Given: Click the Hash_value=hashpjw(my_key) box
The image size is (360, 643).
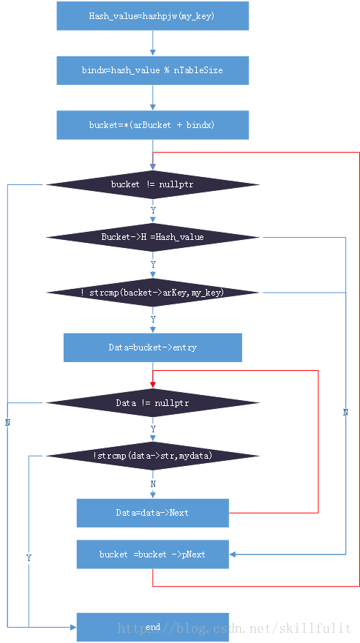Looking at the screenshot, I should pos(152,15).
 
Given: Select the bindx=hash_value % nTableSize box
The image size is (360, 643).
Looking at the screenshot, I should pos(152,70).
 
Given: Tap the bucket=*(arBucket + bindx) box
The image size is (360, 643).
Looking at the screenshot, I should pos(152,124).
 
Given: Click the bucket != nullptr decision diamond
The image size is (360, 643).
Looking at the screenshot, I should pos(152,184).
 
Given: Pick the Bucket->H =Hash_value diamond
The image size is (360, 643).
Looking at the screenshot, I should pos(152,237).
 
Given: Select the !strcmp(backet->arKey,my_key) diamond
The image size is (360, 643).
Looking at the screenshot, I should pos(152,293).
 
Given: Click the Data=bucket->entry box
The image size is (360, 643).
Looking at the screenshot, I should pos(152,347).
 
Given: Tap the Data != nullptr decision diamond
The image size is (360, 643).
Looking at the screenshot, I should pos(152,402).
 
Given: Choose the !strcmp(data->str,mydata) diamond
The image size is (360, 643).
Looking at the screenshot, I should pos(152,456).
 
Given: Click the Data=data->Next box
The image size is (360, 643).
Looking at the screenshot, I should pos(152,513).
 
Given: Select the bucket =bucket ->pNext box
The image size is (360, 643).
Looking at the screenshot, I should pos(152,554).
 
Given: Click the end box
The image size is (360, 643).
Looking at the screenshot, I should pos(152,627).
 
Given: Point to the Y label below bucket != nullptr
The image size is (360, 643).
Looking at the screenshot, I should pos(153,210).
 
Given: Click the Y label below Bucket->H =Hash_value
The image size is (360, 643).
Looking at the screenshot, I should pos(153,264).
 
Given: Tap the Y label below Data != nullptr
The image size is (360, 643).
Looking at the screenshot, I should pos(153,429).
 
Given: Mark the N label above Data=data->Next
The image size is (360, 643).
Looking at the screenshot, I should pos(153,484).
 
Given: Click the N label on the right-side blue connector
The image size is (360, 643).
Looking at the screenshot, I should pos(345,413).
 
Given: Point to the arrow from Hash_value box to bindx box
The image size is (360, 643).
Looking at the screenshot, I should pos(152,43).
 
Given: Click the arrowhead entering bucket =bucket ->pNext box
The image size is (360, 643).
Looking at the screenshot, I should pos(233,554).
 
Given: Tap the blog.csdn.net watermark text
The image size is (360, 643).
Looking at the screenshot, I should pos(234,628).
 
